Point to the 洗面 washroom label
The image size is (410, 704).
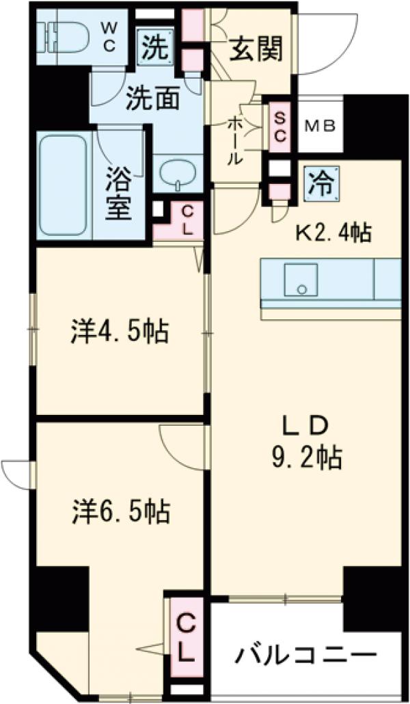point(152,100)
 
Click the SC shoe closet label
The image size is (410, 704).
point(280,126)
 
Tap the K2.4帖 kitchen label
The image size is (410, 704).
point(333,234)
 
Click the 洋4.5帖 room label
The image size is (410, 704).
point(119,332)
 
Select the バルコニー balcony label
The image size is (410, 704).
point(306,656)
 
